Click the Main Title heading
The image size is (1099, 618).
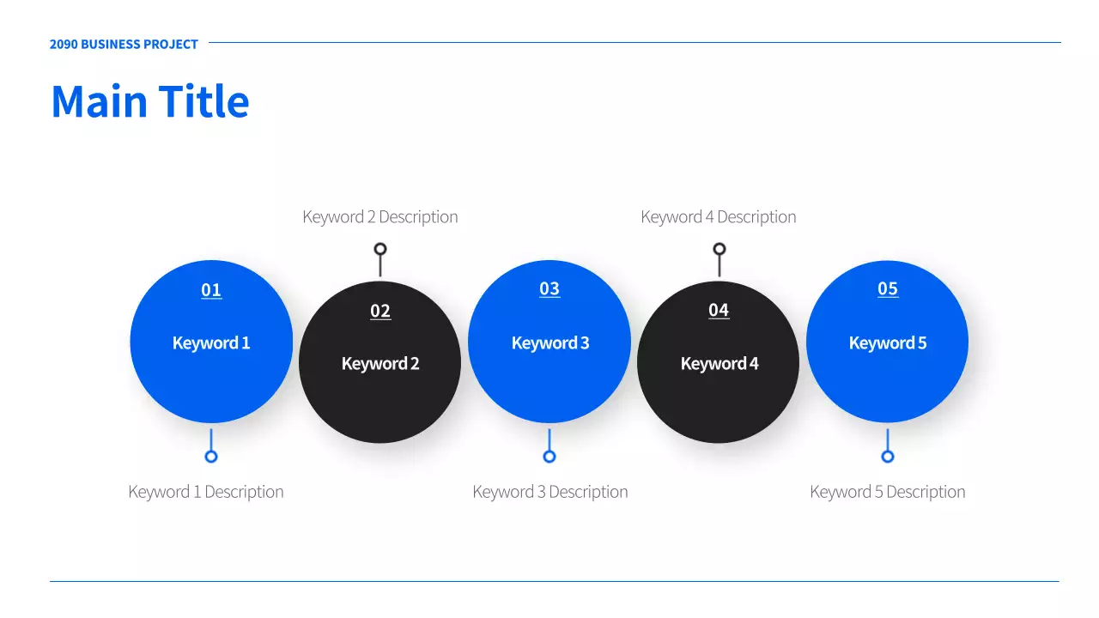[x=150, y=101]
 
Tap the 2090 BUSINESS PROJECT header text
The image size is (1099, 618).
[x=124, y=44]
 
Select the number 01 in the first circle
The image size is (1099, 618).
[x=211, y=290]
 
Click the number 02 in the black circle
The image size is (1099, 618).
[x=380, y=311]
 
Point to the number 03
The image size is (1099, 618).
[x=549, y=289]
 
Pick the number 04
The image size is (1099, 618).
[x=719, y=310]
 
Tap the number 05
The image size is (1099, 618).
[x=888, y=289]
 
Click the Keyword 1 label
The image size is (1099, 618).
[x=211, y=342]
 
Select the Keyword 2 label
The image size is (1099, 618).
[x=380, y=363]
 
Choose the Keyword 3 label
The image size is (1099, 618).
[x=550, y=342]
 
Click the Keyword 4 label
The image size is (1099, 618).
[x=720, y=363]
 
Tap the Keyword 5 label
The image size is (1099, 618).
[x=888, y=342]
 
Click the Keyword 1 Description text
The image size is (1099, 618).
[x=206, y=492]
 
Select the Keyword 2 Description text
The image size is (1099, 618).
[x=380, y=217]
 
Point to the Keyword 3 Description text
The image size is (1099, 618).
[x=550, y=492]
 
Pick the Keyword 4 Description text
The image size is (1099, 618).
[x=719, y=217]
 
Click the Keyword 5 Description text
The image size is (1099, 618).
[x=888, y=492]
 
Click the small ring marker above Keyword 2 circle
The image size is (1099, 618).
[x=380, y=243]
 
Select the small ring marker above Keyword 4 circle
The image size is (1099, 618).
[x=720, y=243]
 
